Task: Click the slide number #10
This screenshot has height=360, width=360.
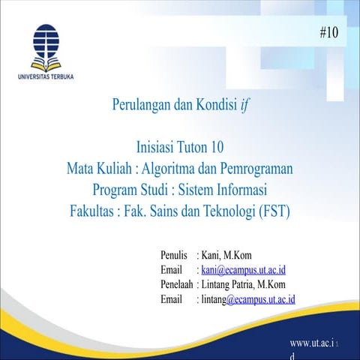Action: (x=329, y=32)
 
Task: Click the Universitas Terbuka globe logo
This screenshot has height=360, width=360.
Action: (x=46, y=40)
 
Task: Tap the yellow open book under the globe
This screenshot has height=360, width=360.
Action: (x=46, y=65)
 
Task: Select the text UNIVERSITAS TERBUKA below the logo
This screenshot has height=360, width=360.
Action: (x=46, y=76)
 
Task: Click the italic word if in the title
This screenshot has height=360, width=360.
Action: (x=245, y=105)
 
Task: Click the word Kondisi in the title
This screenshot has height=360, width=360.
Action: (x=217, y=104)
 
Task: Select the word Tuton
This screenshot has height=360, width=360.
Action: (x=192, y=147)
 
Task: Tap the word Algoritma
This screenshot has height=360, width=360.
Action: (x=168, y=169)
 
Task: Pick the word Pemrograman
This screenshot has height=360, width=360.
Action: (x=256, y=169)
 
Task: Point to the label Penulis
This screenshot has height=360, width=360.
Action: (x=174, y=255)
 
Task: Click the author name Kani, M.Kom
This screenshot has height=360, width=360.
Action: (x=226, y=255)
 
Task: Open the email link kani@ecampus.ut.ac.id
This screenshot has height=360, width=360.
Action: (x=244, y=270)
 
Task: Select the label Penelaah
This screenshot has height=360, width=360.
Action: (x=177, y=284)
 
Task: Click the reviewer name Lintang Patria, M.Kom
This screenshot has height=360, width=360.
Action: (x=243, y=285)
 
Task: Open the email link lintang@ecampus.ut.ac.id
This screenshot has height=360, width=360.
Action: (x=248, y=299)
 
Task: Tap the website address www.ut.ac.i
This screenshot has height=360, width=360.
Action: (x=312, y=343)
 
